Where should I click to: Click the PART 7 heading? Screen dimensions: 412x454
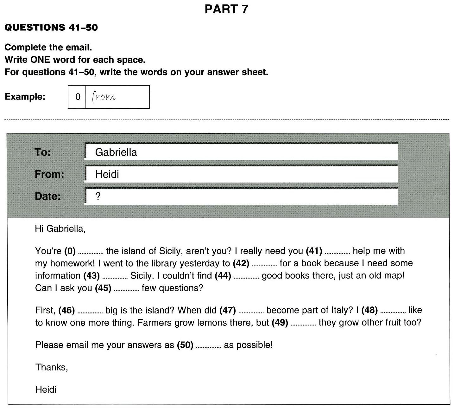point(226,9)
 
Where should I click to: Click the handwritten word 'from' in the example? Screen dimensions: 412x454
point(103,96)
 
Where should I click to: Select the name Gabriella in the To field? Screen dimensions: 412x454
point(116,152)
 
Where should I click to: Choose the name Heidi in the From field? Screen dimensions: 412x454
point(107,174)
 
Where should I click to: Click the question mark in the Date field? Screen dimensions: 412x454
point(98,196)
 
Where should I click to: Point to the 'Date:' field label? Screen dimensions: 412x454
point(47,196)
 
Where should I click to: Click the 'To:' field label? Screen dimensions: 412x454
point(43,152)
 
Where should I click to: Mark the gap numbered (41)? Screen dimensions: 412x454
point(337,252)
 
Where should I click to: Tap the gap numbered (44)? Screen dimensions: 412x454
point(246,277)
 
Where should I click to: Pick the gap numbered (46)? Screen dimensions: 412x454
point(90,312)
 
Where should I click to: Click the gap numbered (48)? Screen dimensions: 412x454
point(393,312)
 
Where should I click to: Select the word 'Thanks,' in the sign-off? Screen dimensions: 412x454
point(52,367)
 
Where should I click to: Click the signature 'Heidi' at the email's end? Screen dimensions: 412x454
point(46,389)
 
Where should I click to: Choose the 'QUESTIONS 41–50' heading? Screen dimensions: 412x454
point(51,28)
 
